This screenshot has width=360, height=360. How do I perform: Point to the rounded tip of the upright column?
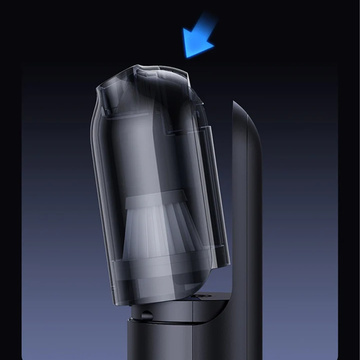[246, 106]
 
